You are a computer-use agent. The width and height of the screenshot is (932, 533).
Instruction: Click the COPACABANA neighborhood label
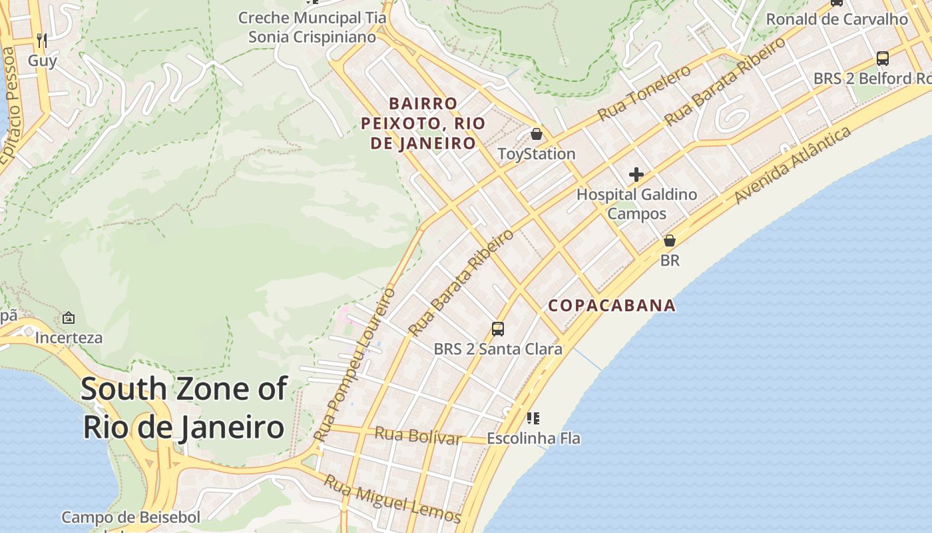tap(611, 306)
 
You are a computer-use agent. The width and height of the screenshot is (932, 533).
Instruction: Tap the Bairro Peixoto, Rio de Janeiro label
tap(423, 123)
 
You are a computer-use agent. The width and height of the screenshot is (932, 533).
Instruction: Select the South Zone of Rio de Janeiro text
tap(184, 408)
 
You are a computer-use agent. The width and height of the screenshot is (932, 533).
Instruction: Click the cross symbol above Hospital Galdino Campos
tap(636, 175)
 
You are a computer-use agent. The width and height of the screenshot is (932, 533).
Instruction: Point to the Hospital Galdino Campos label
tap(636, 204)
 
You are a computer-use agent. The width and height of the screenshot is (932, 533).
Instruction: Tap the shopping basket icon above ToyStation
tap(537, 135)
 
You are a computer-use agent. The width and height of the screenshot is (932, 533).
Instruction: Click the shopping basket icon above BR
tap(670, 241)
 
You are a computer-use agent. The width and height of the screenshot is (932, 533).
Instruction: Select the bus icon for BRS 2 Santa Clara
tap(498, 328)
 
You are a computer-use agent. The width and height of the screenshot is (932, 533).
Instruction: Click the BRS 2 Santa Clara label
tap(498, 348)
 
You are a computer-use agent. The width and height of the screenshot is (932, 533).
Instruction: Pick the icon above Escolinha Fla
tap(533, 418)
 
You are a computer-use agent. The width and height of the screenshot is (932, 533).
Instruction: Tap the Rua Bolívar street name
tap(418, 436)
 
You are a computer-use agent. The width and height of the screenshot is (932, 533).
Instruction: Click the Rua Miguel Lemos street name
tap(392, 498)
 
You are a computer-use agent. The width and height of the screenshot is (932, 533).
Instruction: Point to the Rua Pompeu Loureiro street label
tap(354, 364)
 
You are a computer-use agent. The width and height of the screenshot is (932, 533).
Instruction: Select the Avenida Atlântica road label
tap(793, 165)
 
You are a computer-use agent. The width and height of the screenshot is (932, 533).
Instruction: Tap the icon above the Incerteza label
tap(68, 318)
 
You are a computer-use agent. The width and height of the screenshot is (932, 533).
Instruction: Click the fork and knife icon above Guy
tap(41, 40)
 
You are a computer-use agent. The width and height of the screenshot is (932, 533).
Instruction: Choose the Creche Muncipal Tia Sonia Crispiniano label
tap(312, 27)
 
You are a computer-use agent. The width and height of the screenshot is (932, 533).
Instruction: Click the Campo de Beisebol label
tap(130, 517)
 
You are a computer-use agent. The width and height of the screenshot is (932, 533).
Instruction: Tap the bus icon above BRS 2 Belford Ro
tap(882, 59)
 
